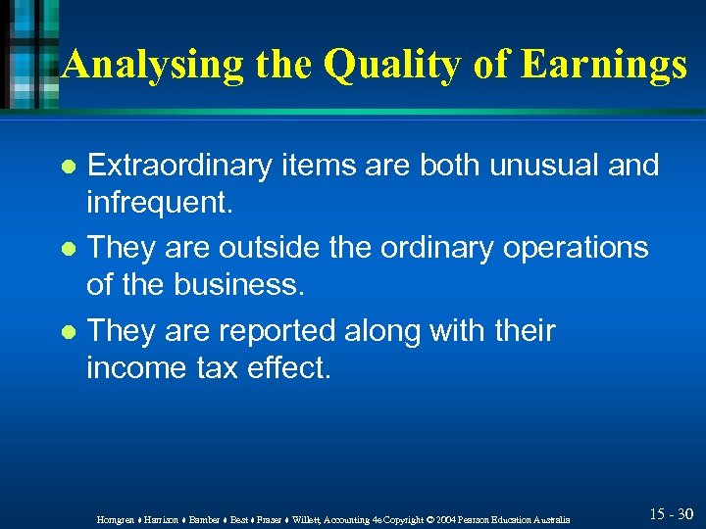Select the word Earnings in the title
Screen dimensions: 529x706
click(606, 65)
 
